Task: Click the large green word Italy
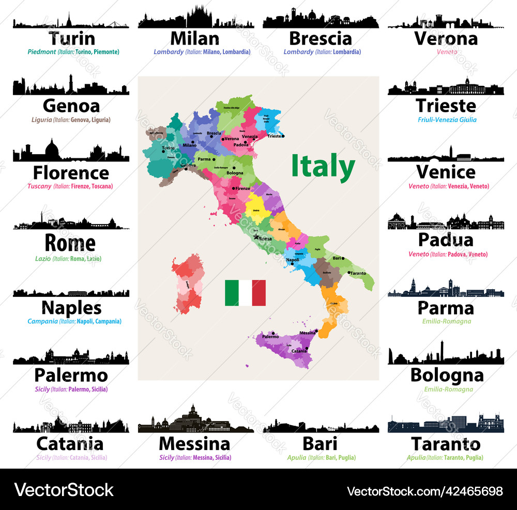pyautogui.click(x=323, y=167)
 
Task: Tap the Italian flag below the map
pyautogui.click(x=245, y=293)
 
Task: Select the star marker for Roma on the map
pyautogui.click(x=256, y=237)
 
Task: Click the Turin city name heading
pyautogui.click(x=72, y=38)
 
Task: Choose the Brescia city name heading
pyautogui.click(x=321, y=38)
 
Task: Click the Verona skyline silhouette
pyautogui.click(x=446, y=21)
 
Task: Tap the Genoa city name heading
pyautogui.click(x=71, y=106)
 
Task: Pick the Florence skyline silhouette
pyautogui.click(x=71, y=152)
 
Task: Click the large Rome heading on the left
pyautogui.click(x=70, y=243)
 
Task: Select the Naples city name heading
pyautogui.click(x=71, y=308)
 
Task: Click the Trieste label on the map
pyautogui.click(x=274, y=136)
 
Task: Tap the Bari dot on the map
pyautogui.click(x=344, y=258)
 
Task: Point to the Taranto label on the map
pyautogui.click(x=358, y=273)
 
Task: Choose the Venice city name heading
pyautogui.click(x=446, y=172)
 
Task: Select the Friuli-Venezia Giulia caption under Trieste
pyautogui.click(x=447, y=119)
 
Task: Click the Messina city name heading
pyautogui.click(x=194, y=444)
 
